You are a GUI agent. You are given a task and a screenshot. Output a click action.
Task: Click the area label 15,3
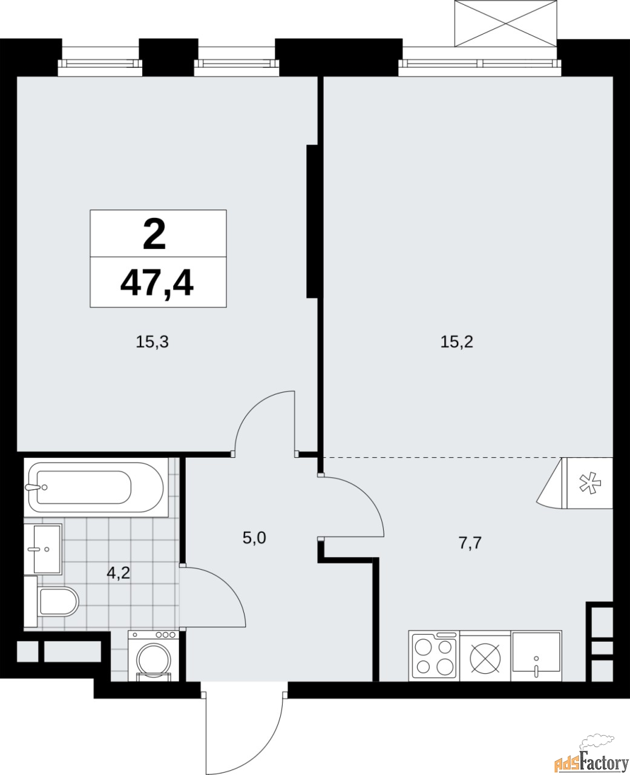pyautogui.click(x=152, y=342)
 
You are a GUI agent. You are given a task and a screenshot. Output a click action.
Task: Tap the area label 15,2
pyautogui.click(x=456, y=342)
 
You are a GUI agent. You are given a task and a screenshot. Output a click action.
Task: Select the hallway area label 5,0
pyautogui.click(x=255, y=537)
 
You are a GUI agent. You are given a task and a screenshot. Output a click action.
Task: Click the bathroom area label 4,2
pyautogui.click(x=119, y=572)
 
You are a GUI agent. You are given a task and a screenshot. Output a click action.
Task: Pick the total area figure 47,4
pyautogui.click(x=157, y=283)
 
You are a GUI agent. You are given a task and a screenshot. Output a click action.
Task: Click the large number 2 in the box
pyautogui.click(x=154, y=235)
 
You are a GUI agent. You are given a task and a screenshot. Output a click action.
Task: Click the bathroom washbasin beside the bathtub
pyautogui.click(x=47, y=549)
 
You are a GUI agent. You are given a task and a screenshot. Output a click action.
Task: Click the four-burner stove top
pyautogui.click(x=434, y=656)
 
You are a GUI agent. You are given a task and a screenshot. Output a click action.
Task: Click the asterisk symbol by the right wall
pyautogui.click(x=587, y=483)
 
